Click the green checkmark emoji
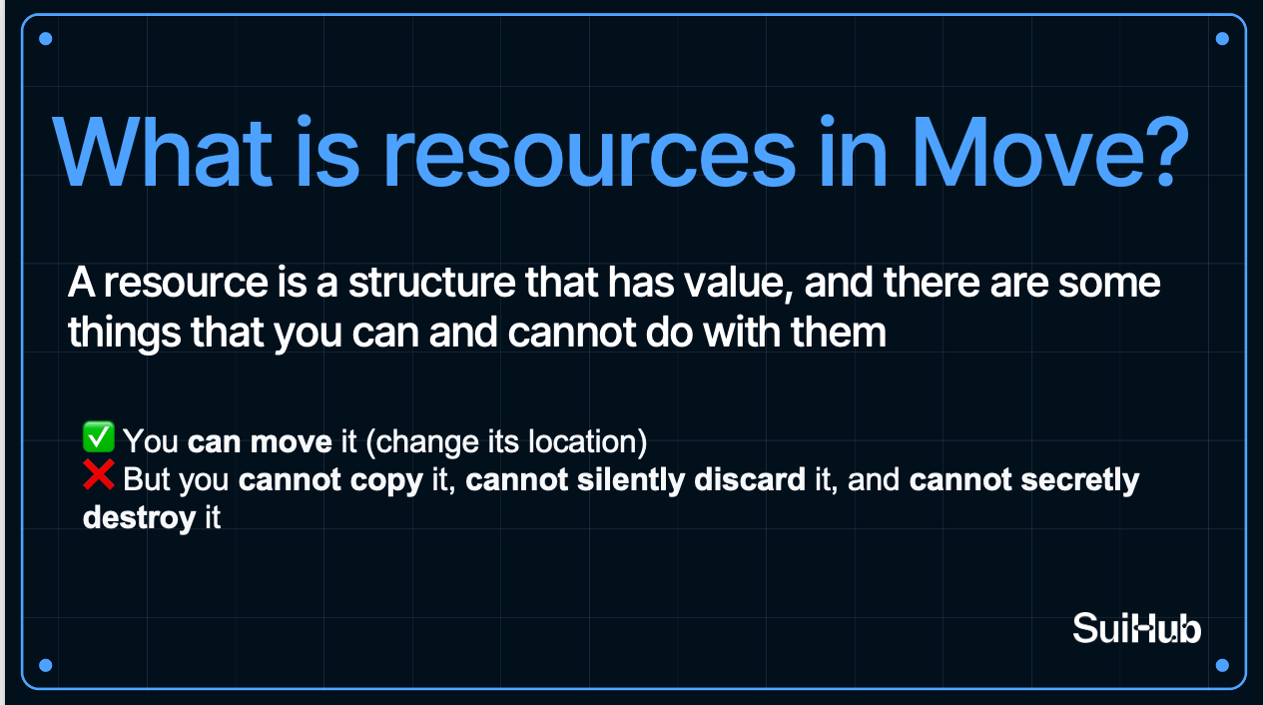(x=99, y=437)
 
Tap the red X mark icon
(x=99, y=474)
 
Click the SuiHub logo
(x=1136, y=628)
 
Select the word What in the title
(x=163, y=151)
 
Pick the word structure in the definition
(x=431, y=283)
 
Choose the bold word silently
(x=631, y=480)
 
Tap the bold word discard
(x=750, y=479)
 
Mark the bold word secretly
(x=1080, y=480)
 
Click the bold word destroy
(x=139, y=518)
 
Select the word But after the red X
(x=146, y=479)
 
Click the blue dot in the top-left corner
(x=46, y=39)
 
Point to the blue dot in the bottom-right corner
(x=1222, y=665)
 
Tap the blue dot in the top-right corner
(x=1222, y=39)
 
